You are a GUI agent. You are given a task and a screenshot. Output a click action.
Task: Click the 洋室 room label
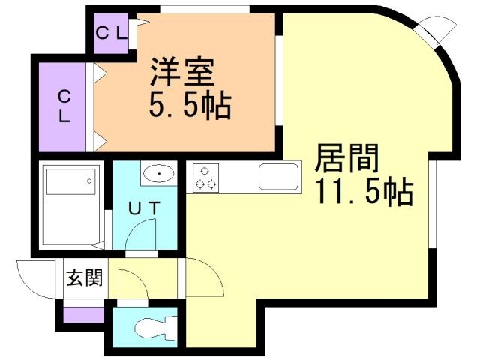pos(181,71)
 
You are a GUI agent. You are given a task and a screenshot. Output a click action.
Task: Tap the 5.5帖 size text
pos(190,106)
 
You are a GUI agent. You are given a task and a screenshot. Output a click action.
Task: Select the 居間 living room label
pos(346,158)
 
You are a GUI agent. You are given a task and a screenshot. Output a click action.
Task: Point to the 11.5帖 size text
pos(365,191)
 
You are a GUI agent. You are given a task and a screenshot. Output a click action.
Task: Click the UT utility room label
pos(144,208)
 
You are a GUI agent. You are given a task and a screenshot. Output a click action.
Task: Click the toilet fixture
pos(156,329)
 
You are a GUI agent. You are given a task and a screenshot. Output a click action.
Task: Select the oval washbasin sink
pos(159,174)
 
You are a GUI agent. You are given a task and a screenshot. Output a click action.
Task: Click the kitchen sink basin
pos(278,177)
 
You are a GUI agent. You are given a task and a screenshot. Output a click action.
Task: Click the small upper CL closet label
pos(112,34)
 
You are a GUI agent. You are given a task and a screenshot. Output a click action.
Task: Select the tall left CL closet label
pos(64,106)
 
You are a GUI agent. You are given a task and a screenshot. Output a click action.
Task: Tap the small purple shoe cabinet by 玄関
pos(83,315)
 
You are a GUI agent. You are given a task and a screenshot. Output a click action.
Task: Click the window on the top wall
pos(205,9)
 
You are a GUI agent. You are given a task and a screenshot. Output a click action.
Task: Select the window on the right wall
pos(432,204)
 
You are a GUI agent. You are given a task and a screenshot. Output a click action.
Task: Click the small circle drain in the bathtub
pos(89,181)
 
